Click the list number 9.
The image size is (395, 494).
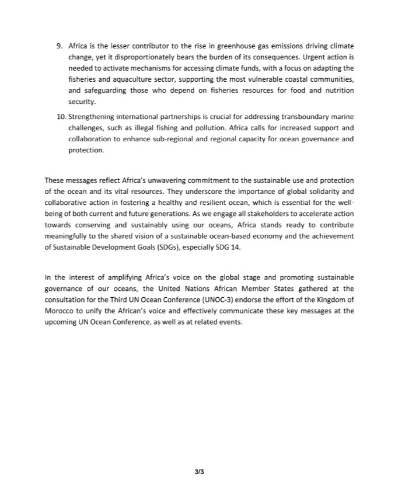tap(59, 46)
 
